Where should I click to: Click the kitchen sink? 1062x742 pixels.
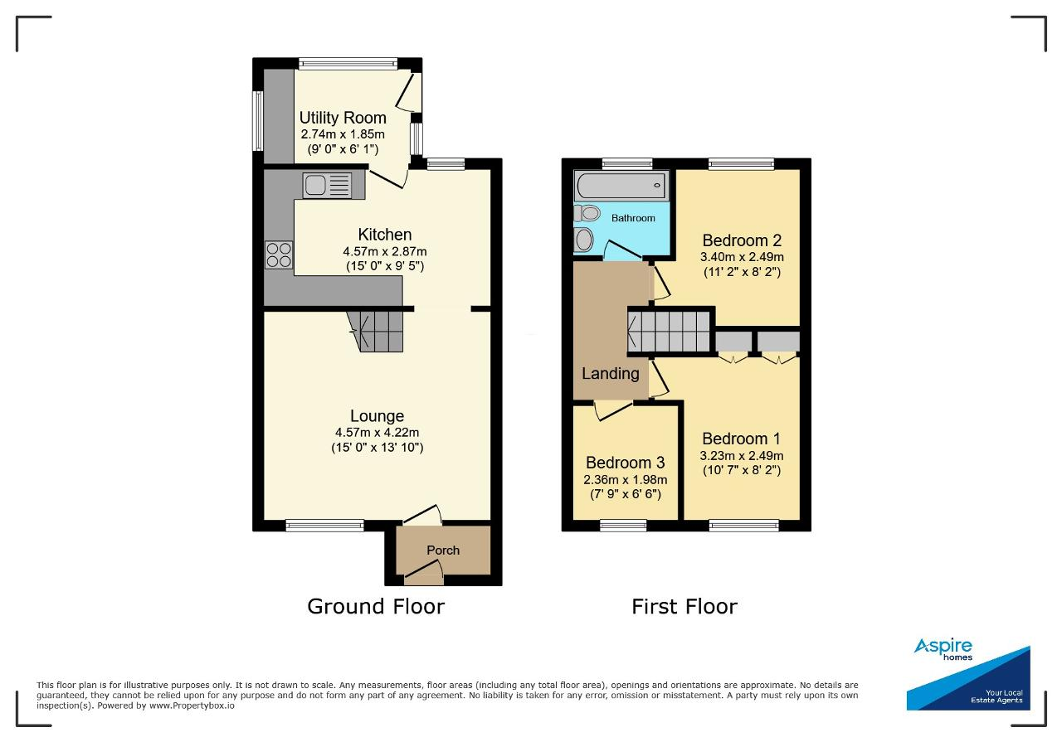pos(327,185)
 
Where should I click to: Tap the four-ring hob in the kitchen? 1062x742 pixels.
pos(279,255)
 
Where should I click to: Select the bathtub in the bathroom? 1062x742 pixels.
pos(621,185)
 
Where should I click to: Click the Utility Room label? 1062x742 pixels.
pos(343,118)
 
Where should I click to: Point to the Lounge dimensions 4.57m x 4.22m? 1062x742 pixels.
pos(377,432)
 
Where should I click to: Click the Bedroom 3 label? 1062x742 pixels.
pos(626,462)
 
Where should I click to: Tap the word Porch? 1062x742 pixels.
pos(443,550)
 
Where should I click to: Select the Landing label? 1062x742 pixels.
pos(611,373)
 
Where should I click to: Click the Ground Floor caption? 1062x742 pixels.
pos(376,607)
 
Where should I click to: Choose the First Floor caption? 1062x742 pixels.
pos(684,607)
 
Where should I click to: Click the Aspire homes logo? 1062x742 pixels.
pos(968,673)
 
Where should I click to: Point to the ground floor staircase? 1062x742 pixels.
pos(375,331)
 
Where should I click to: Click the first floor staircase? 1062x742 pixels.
pos(669,332)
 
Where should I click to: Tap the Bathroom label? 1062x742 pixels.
pos(633,218)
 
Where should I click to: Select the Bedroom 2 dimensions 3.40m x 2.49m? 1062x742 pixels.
pos(742,257)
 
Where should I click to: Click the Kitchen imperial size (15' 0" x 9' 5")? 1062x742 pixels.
pos(385,266)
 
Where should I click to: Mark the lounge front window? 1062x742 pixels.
pos(324,525)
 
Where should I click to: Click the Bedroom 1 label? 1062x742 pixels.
pos(742,439)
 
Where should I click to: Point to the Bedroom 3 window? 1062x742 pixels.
pos(623,525)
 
